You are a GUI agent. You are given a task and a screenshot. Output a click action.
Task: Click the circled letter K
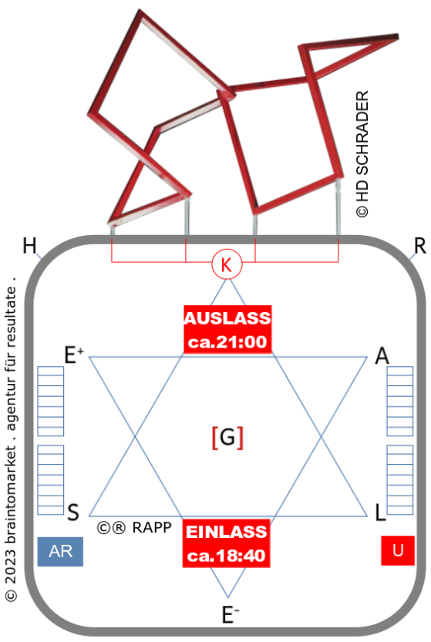pos(227,265)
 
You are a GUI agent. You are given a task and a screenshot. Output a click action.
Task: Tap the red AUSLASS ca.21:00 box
pos(227,330)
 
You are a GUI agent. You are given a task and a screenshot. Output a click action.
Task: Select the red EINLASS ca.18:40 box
pos(226,543)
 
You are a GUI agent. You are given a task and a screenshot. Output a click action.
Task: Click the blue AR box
pos(60,552)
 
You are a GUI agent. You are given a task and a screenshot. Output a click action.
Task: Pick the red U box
pos(397,550)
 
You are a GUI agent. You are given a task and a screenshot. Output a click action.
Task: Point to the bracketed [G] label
pos(227,438)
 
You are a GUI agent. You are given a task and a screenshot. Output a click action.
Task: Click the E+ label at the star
pos(74,355)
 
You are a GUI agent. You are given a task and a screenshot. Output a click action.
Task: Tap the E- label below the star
pos(231,614)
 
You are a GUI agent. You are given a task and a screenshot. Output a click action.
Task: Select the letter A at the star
pos(382,355)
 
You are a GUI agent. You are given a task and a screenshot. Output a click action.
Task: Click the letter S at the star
pos(73,512)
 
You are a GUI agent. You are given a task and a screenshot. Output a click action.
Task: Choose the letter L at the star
pos(380,512)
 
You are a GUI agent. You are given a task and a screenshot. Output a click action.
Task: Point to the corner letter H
pos(29,246)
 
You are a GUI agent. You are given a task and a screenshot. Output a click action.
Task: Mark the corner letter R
pos(420,246)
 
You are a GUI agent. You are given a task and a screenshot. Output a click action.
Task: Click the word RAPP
pos(152,527)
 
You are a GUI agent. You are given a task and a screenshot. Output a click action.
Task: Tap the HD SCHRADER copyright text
pos(362,154)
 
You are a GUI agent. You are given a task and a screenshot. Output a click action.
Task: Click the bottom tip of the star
pos(227,597)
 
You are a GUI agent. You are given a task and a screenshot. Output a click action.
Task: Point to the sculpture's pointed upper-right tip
pos(396,37)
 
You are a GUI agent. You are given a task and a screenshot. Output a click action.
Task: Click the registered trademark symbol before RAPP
pos(119,528)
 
